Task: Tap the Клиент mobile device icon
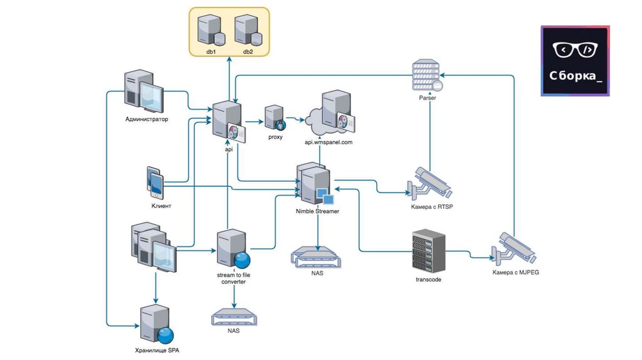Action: [155, 183]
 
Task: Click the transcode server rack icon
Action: [428, 251]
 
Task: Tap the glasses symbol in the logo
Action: [575, 49]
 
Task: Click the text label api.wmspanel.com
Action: [329, 142]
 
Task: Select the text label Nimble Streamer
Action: [317, 211]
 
